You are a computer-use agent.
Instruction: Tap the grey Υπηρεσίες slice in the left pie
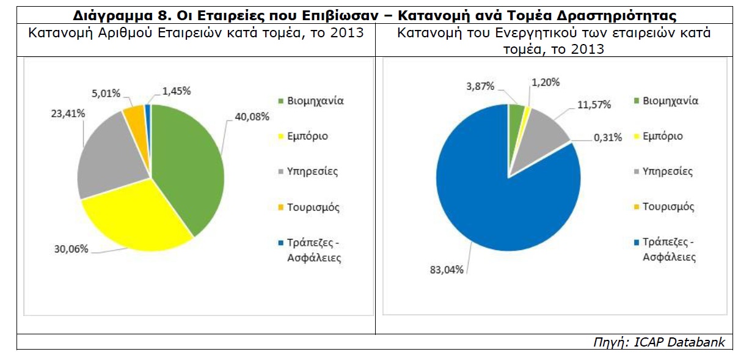tap(110, 159)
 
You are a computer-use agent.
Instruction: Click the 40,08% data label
tap(251, 117)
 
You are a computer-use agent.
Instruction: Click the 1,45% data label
tap(177, 91)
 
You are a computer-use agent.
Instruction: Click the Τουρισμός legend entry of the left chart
tap(309, 207)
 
